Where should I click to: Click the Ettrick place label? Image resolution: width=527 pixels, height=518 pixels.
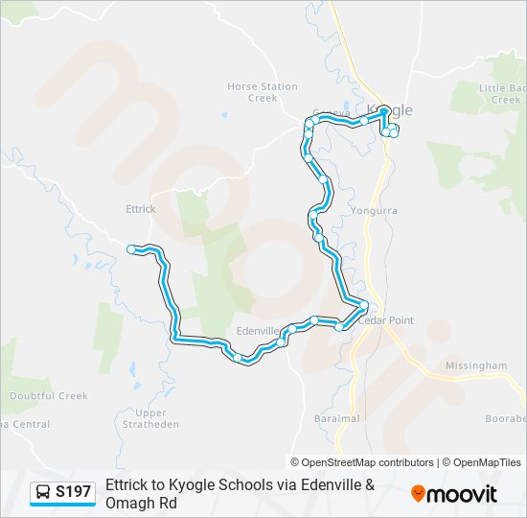pyautogui.click(x=140, y=208)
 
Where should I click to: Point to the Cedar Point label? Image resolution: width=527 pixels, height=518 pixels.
pyautogui.click(x=387, y=320)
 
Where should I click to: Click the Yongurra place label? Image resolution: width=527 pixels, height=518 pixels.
pyautogui.click(x=374, y=209)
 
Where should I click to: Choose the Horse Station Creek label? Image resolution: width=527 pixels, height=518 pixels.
pyautogui.click(x=263, y=92)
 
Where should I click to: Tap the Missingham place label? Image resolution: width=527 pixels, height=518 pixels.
pyautogui.click(x=476, y=365)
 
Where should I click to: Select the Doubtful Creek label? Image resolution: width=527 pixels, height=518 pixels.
pyautogui.click(x=48, y=396)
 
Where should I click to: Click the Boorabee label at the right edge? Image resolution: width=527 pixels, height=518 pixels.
pyautogui.click(x=506, y=419)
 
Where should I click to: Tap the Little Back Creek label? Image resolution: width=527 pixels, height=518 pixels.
pyautogui.click(x=502, y=94)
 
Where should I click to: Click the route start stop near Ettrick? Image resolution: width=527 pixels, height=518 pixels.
pyautogui.click(x=131, y=249)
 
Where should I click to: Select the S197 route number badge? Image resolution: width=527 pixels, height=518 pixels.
pyautogui.click(x=74, y=493)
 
